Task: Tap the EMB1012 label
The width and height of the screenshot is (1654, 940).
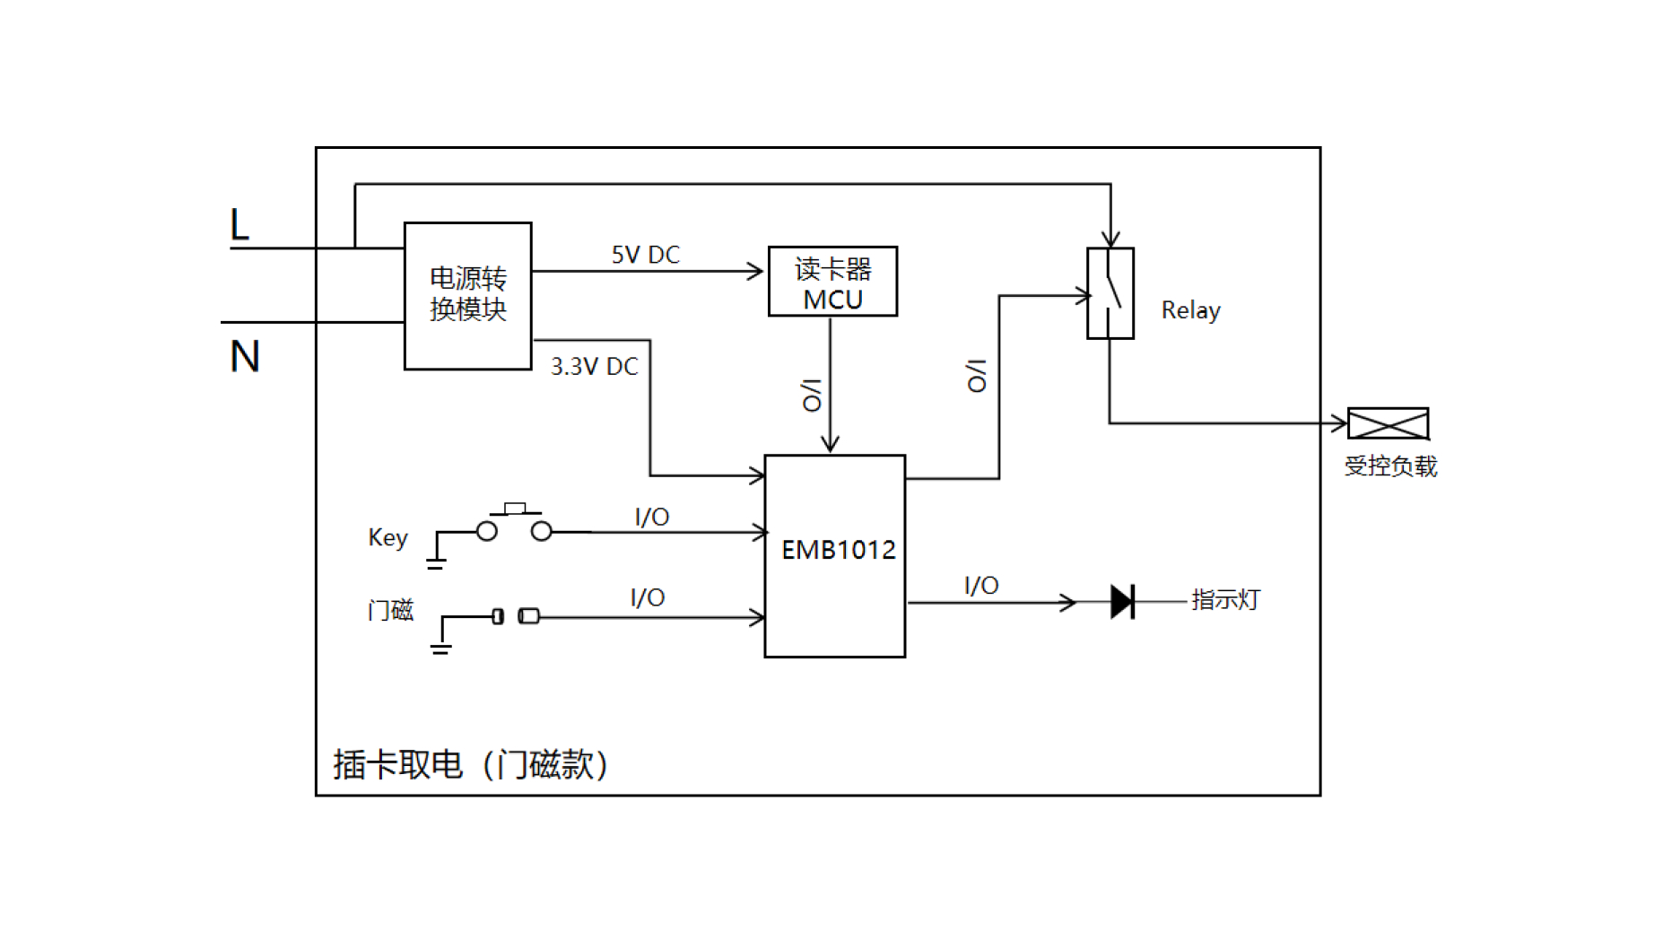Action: tap(838, 550)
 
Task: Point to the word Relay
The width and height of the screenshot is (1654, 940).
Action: tap(1190, 310)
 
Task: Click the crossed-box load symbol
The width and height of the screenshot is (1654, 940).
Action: tap(1388, 423)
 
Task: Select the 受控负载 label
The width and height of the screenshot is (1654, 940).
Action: tap(1390, 466)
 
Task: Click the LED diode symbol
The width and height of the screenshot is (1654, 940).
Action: tap(1122, 601)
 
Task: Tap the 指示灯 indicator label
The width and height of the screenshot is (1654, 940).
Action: tap(1225, 599)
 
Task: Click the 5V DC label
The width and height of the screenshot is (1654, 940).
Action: tap(646, 255)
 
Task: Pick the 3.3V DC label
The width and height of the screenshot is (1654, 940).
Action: tap(594, 366)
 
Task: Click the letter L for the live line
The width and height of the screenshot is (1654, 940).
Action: tap(239, 224)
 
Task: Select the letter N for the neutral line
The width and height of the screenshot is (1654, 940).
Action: tap(245, 356)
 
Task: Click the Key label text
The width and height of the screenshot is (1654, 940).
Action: tap(387, 537)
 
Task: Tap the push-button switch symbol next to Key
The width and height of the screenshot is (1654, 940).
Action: tap(514, 523)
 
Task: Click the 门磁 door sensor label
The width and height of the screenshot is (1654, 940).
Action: tap(390, 611)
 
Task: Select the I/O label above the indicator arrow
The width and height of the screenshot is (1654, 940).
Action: tap(981, 586)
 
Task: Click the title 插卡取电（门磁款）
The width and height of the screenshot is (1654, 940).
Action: tap(471, 764)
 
